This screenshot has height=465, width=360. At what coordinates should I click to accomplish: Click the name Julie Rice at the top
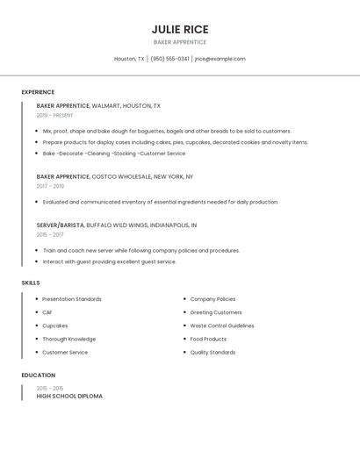point(180,29)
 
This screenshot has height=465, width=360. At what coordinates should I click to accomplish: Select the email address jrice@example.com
point(220,59)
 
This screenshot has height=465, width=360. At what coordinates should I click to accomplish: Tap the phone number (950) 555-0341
point(169,59)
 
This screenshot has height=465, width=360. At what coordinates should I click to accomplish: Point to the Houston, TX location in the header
point(129,59)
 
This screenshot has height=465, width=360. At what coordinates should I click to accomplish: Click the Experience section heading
point(38,92)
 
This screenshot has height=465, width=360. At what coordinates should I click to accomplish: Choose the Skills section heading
point(31,283)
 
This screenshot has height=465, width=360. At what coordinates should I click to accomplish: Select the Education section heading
point(38,376)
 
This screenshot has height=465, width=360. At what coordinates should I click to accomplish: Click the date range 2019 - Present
point(54,115)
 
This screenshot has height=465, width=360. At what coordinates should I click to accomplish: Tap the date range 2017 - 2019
point(50,186)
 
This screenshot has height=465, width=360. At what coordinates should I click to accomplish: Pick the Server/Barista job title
point(61,225)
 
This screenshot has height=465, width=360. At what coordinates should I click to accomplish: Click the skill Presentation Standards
point(72,299)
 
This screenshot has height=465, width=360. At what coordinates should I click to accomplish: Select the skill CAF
point(47,312)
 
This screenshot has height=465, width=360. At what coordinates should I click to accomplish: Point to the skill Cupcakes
point(55,325)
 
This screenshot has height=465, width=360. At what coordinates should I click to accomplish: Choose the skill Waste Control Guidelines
point(222,325)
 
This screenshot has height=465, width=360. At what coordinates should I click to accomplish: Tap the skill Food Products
point(208,339)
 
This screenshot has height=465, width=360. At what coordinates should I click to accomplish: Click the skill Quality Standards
point(212,353)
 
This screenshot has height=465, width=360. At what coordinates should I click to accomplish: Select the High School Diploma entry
point(69,396)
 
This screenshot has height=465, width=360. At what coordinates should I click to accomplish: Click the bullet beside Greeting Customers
point(184,312)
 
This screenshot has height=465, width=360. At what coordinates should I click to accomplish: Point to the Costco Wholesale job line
point(114,176)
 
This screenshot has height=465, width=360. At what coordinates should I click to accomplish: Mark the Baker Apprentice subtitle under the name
point(180,42)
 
